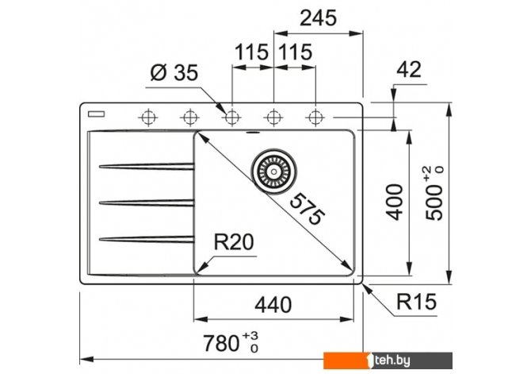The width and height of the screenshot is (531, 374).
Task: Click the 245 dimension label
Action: (318, 18)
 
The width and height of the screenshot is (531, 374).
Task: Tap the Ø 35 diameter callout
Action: (174, 72)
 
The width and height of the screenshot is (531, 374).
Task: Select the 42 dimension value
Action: (409, 70)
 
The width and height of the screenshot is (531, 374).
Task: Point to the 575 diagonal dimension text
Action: (308, 208)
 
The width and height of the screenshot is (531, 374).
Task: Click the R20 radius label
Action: (234, 242)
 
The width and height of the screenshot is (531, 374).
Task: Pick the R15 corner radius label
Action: (416, 302)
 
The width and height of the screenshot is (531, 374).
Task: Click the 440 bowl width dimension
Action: (273, 304)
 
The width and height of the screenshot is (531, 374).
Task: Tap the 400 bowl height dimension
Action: (395, 202)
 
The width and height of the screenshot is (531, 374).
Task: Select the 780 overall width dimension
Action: (231, 343)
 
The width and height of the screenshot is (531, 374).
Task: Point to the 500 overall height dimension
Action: (434, 193)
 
